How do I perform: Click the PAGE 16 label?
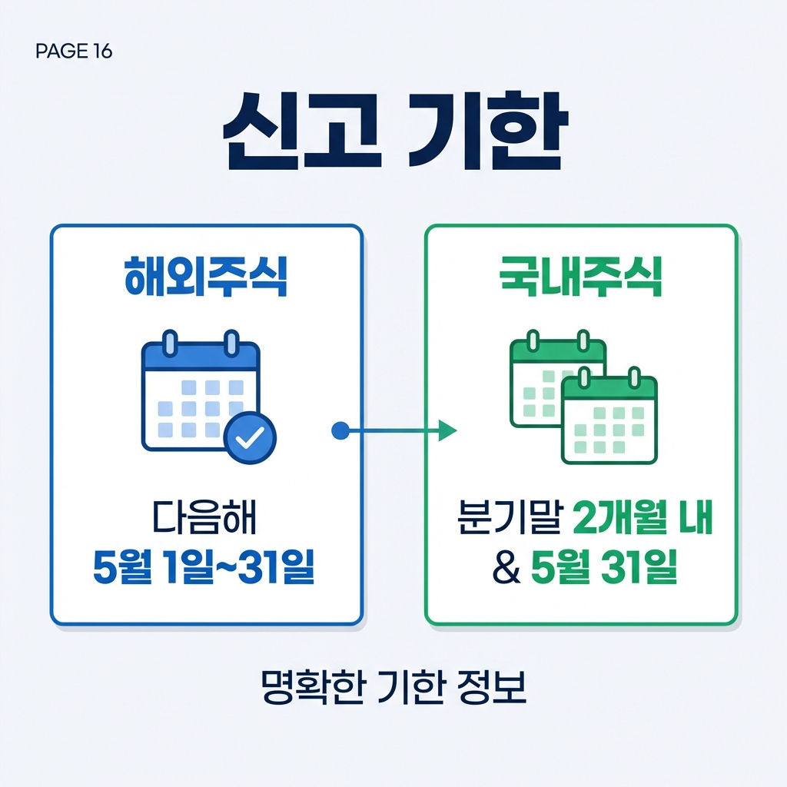[x=74, y=51]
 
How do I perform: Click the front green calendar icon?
[x=609, y=420]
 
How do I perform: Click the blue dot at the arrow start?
[x=339, y=431]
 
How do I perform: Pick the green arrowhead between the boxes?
[x=447, y=431]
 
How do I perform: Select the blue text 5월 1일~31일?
[x=204, y=569]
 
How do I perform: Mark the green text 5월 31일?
[x=604, y=570]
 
